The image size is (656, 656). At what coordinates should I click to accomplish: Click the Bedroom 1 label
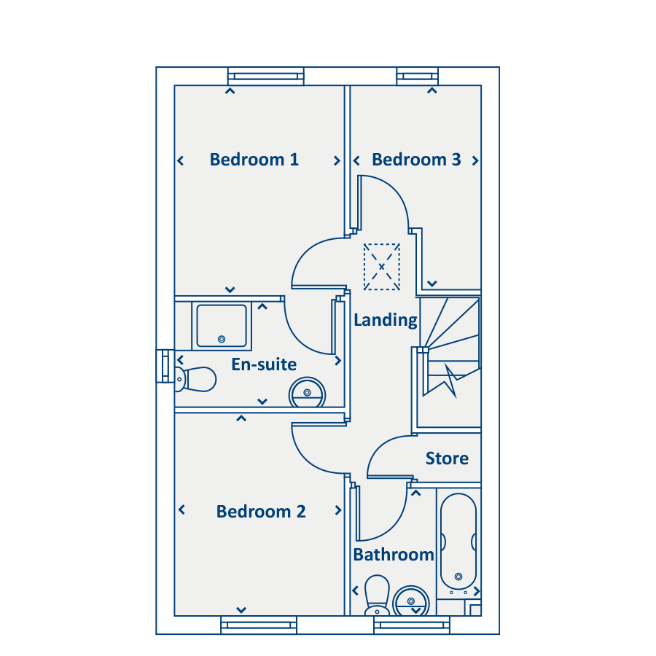pyautogui.click(x=254, y=160)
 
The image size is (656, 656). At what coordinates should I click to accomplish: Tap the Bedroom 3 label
pyautogui.click(x=417, y=160)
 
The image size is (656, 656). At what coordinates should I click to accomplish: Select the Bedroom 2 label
pyautogui.click(x=261, y=512)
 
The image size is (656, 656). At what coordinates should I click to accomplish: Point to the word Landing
pyautogui.click(x=386, y=321)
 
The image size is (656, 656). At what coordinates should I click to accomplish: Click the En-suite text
pyautogui.click(x=264, y=364)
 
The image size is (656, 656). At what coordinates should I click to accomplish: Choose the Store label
pyautogui.click(x=448, y=458)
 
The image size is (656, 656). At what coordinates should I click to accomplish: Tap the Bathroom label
pyautogui.click(x=394, y=555)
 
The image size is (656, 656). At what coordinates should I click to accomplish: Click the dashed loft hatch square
pyautogui.click(x=382, y=267)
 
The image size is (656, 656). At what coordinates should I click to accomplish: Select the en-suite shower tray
pyautogui.click(x=222, y=326)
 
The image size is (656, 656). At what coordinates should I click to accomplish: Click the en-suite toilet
pyautogui.click(x=195, y=380)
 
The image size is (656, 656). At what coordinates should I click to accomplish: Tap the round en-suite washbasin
pyautogui.click(x=307, y=393)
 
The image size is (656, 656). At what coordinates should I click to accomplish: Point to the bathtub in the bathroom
pyautogui.click(x=458, y=542)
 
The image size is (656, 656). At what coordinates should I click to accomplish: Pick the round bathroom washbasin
pyautogui.click(x=411, y=601)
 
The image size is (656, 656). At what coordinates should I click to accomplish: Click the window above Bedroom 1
pyautogui.click(x=265, y=77)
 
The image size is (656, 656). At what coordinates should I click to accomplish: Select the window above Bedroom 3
pyautogui.click(x=418, y=77)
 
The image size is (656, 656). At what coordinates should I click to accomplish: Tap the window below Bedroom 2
pyautogui.click(x=259, y=625)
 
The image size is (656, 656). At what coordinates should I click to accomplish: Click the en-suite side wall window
pyautogui.click(x=165, y=366)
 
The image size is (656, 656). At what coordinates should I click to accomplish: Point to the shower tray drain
pyautogui.click(x=222, y=339)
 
